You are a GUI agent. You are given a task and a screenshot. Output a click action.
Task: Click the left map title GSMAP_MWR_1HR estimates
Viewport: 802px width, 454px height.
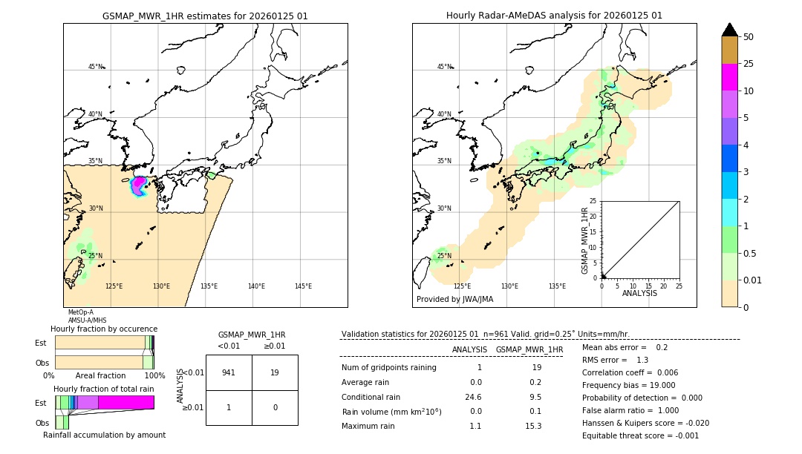coord(205,16)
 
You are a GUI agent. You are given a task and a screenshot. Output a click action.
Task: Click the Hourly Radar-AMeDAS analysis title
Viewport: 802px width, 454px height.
coord(554,16)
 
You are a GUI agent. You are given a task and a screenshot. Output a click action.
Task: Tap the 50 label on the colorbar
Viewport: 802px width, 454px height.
coord(749,37)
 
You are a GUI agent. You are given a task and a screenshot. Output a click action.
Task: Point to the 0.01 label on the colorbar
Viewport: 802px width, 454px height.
coord(753,280)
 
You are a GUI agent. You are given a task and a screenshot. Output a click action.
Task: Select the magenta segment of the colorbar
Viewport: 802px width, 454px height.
coord(729,77)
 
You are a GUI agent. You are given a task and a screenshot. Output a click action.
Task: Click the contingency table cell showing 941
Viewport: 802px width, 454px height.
coord(229,372)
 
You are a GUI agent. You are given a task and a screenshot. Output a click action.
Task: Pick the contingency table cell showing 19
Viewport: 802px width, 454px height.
coord(275,372)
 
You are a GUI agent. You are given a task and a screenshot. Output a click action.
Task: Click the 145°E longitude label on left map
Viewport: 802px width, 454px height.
coord(303,286)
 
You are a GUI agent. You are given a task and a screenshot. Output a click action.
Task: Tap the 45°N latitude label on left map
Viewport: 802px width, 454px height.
coord(95,67)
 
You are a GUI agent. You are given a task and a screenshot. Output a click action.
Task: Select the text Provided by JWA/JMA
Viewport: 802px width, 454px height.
coord(454,299)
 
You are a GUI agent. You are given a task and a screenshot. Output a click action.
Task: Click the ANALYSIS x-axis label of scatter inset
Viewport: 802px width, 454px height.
coord(639,293)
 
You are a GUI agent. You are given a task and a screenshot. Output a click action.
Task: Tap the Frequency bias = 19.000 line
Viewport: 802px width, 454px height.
coord(628,385)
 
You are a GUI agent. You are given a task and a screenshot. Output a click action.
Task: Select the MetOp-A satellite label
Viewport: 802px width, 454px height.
coord(80,312)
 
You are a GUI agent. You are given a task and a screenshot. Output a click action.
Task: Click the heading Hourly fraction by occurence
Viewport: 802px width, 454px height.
coord(104,329)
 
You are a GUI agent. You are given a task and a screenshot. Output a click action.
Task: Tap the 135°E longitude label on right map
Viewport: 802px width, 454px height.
coord(557,286)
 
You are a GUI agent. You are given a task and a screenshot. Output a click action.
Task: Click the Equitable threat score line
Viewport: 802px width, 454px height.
coord(640,435)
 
